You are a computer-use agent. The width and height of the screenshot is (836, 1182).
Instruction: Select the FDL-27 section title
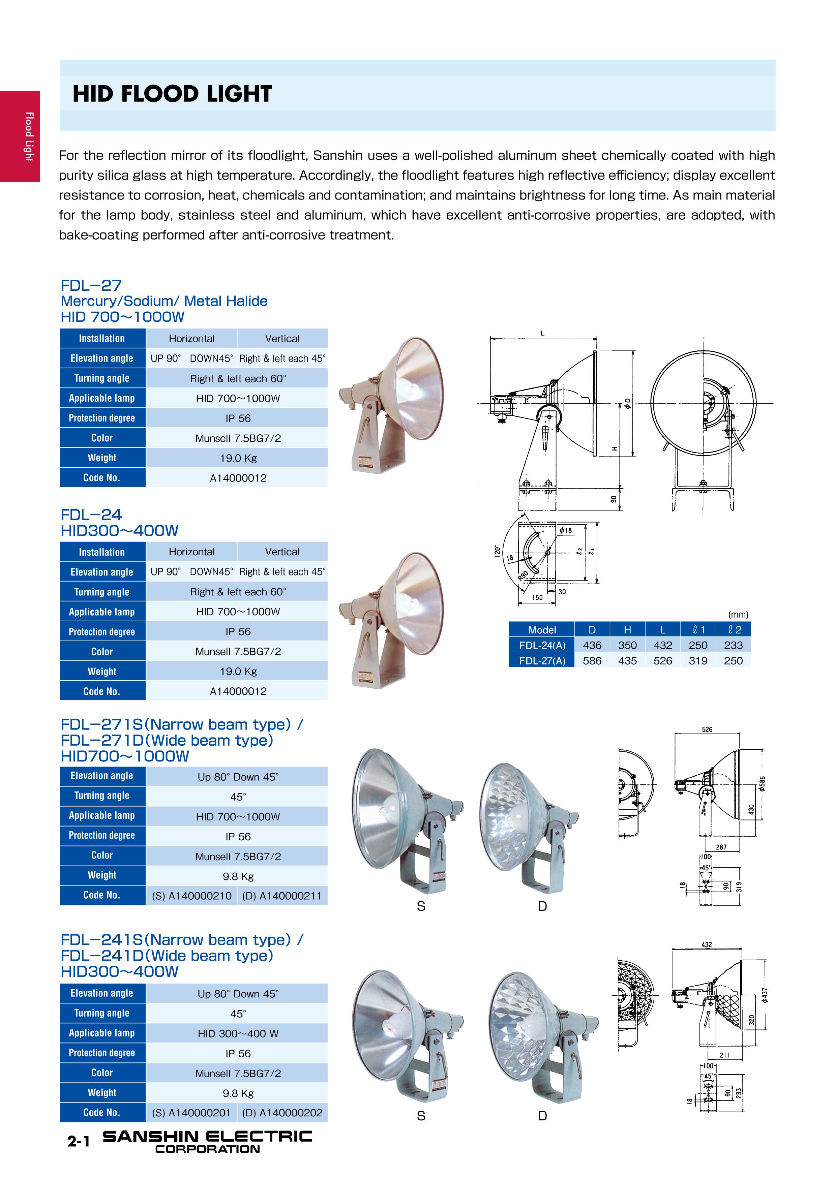(91, 285)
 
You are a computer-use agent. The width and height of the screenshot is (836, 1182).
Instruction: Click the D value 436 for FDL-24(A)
(592, 645)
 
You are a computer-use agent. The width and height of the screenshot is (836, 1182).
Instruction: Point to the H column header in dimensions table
(627, 630)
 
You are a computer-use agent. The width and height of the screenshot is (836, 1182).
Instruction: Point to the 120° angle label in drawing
(497, 551)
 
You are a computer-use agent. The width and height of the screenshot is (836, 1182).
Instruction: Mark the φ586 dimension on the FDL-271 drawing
(762, 783)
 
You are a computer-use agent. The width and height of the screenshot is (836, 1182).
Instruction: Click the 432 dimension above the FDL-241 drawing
(707, 945)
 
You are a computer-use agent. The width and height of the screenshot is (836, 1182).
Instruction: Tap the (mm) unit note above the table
(738, 615)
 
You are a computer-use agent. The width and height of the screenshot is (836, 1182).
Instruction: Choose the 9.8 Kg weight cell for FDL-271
(238, 876)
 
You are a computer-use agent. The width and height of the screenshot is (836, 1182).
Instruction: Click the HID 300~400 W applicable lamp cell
(238, 1033)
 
